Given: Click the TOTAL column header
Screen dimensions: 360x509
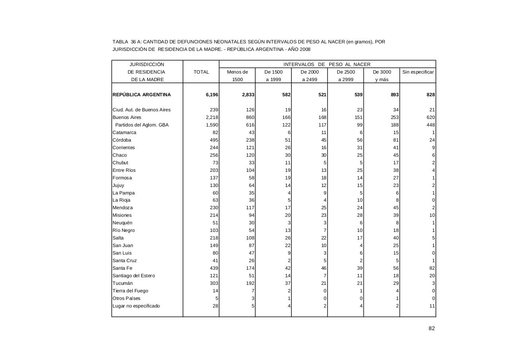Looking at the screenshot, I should click(201, 72).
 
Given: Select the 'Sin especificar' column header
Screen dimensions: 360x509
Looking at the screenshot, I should click(418, 72).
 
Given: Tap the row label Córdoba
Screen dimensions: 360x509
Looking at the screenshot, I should click(122, 140).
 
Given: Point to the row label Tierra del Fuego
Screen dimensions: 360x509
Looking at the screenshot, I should click(130, 291).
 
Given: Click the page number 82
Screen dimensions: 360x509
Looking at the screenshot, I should click(431, 328).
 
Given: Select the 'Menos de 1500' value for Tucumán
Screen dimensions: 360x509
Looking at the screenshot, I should click(249, 283).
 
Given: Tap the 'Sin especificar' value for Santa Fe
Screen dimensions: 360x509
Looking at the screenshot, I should click(431, 268).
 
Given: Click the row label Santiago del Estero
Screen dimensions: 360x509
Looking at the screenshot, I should click(134, 276).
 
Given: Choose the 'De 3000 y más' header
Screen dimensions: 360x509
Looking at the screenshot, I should click(382, 76).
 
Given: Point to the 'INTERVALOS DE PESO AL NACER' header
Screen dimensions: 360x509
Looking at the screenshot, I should click(327, 64).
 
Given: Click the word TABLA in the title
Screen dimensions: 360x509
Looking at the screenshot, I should click(120, 42).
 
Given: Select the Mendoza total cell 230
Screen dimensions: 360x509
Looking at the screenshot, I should click(214, 208).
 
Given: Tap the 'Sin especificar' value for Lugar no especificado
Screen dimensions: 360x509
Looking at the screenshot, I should click(432, 306).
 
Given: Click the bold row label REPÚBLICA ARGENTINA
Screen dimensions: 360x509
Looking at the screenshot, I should click(142, 95).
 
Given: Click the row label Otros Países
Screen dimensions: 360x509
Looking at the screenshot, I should click(126, 298).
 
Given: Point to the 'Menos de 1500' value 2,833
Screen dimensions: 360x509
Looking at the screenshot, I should click(247, 95).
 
